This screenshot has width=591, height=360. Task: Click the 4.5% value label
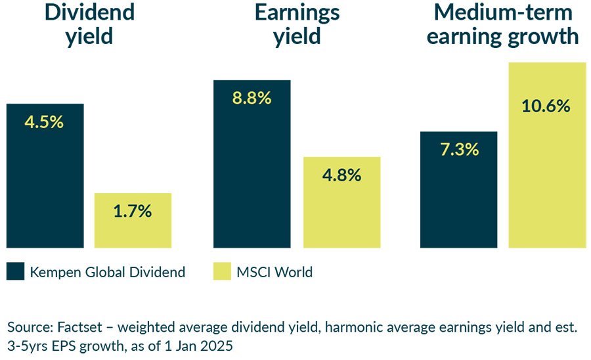[x=45, y=122]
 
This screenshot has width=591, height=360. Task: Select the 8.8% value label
[x=252, y=99]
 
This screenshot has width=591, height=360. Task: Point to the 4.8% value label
[x=341, y=175]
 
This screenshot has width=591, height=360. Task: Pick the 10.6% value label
[x=546, y=106]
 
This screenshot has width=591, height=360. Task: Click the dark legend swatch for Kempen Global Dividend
[x=15, y=271]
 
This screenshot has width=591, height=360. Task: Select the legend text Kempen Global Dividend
[x=108, y=272]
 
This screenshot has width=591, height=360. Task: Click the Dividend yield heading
[x=89, y=24]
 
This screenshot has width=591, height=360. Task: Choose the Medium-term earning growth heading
[x=503, y=24]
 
